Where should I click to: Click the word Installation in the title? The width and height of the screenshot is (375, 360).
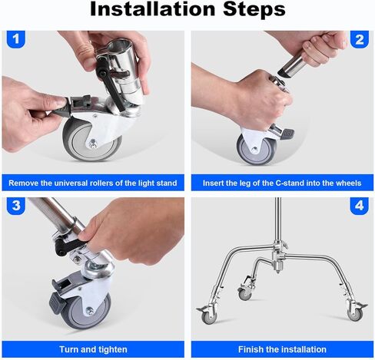coord(152,9)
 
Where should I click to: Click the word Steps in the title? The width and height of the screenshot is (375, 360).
coord(254,9)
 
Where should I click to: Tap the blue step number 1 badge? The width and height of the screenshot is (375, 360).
coord(16,39)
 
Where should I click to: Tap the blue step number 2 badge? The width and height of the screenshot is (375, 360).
coord(360,39)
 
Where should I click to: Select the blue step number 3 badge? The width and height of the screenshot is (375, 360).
coord(16,206)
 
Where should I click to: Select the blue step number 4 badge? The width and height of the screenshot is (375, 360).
coord(360,206)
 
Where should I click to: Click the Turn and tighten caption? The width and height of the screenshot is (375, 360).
coord(93,349)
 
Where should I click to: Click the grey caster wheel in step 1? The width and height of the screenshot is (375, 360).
coord(91,140)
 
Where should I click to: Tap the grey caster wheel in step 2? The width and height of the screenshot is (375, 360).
coord(256,150)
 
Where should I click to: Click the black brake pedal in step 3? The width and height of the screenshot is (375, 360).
coord(58,304)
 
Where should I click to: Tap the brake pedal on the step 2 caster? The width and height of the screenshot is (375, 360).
coord(287,134)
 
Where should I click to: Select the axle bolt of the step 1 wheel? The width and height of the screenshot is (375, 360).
coord(92,144)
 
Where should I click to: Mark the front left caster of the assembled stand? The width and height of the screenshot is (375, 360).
coord(208,314)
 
